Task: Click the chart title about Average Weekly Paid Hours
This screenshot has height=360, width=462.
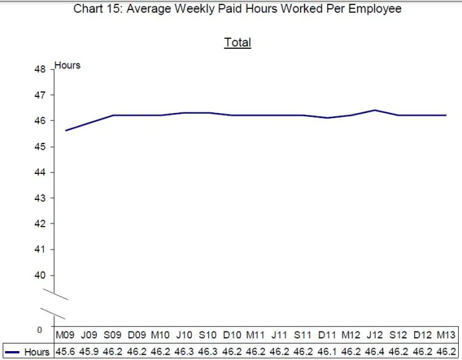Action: [237, 9]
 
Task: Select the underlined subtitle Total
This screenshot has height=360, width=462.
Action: [238, 43]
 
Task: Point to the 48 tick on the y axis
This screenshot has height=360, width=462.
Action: [41, 69]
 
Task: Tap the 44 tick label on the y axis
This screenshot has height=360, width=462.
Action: [41, 172]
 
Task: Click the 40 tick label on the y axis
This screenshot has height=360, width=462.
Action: [41, 275]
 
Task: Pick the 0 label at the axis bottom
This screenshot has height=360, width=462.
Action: [39, 330]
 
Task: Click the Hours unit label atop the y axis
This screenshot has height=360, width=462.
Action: [68, 65]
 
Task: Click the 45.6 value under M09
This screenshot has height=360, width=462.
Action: [65, 352]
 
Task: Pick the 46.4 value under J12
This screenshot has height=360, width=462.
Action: [374, 352]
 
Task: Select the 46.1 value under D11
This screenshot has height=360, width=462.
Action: [327, 352]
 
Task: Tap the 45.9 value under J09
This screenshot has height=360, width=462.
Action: [89, 352]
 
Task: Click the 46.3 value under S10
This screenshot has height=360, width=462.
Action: [208, 352]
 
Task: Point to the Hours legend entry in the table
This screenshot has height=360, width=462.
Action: [28, 352]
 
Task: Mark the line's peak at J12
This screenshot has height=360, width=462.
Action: [374, 110]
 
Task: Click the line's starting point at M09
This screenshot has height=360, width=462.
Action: [65, 131]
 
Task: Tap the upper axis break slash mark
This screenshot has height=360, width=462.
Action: [55, 295]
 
